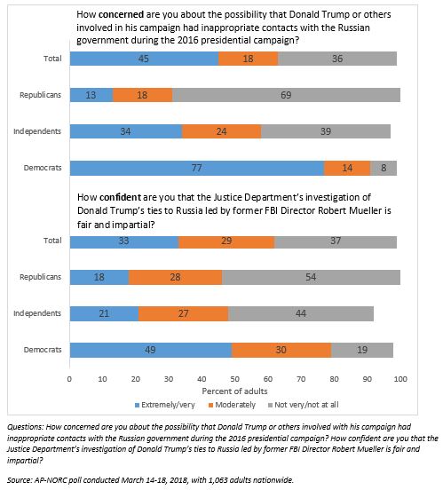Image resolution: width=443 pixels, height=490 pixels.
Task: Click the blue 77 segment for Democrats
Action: click(x=197, y=168)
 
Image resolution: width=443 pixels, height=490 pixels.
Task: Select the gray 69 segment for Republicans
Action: click(x=287, y=95)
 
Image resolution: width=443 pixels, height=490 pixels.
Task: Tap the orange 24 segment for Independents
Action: click(x=222, y=131)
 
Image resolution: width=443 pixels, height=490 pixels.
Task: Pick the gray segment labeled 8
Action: click(x=384, y=168)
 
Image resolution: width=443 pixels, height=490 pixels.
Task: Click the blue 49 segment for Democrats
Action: click(x=151, y=350)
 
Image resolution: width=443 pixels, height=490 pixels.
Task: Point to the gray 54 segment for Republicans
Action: click(x=311, y=277)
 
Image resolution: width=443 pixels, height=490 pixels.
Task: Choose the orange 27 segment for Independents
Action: click(x=184, y=313)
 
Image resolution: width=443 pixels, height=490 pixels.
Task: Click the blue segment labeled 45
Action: click(x=144, y=59)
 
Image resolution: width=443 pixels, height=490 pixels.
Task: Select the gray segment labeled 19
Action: click(x=362, y=350)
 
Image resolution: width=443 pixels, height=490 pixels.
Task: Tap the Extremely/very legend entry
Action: click(x=165, y=405)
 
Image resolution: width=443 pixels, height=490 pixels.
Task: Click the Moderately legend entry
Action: click(x=232, y=405)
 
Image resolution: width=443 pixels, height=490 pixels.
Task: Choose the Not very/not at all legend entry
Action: click(x=304, y=405)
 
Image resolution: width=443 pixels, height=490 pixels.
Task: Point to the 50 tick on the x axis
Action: click(x=234, y=379)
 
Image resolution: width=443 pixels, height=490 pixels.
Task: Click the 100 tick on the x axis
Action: click(x=400, y=379)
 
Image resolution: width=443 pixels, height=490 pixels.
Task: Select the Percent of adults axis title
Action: click(x=234, y=391)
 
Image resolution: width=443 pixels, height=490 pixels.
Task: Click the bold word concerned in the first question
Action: click(x=121, y=14)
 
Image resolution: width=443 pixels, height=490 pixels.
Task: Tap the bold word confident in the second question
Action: click(x=120, y=197)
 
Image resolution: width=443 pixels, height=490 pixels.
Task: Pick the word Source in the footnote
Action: click(x=20, y=480)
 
